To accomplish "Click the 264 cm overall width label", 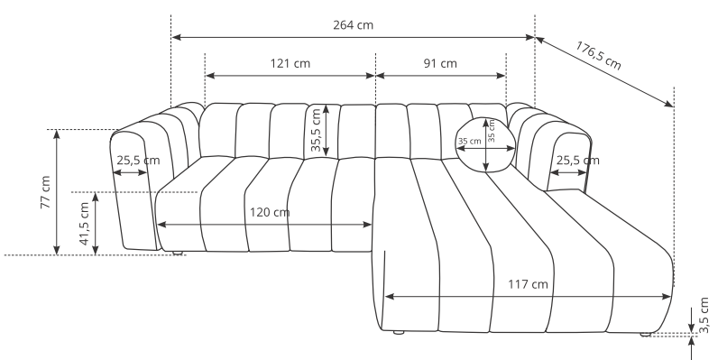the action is pos(353,25).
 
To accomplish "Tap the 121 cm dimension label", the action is pos(290,63).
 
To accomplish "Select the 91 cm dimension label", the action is pos(440,63).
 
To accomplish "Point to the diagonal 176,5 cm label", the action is pos(598,55).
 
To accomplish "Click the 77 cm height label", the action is pos(45,192).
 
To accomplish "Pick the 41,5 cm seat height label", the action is pos(84,224).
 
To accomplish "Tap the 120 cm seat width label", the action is pos(270,212).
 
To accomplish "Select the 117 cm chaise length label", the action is pos(528,284).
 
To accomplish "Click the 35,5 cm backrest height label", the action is pos(316,130).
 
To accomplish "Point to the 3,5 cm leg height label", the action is pos(704,315).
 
